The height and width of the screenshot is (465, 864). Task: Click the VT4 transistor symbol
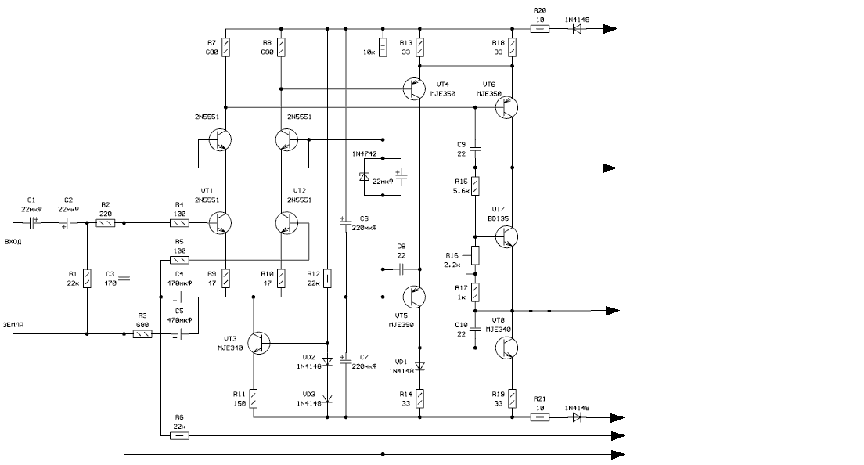414,88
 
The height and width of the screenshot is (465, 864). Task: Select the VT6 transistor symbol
506,108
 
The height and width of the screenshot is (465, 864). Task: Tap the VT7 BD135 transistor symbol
506,236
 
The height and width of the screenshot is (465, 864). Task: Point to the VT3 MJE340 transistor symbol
259,344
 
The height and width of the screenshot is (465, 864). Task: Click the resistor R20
540,29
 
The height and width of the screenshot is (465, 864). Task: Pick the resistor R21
540,417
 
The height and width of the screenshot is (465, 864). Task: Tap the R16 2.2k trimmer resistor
475,257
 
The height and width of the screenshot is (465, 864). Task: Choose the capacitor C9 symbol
475,146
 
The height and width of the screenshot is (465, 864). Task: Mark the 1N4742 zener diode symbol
364,177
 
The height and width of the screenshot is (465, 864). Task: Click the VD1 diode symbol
419,366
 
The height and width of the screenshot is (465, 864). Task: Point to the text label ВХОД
13,241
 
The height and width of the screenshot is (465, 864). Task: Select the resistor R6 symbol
179,435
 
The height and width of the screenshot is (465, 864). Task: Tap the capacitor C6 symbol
345,222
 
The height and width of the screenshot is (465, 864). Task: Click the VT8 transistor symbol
506,346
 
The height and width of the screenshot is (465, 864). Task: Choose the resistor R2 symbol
106,223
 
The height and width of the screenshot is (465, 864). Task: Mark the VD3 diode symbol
327,398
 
